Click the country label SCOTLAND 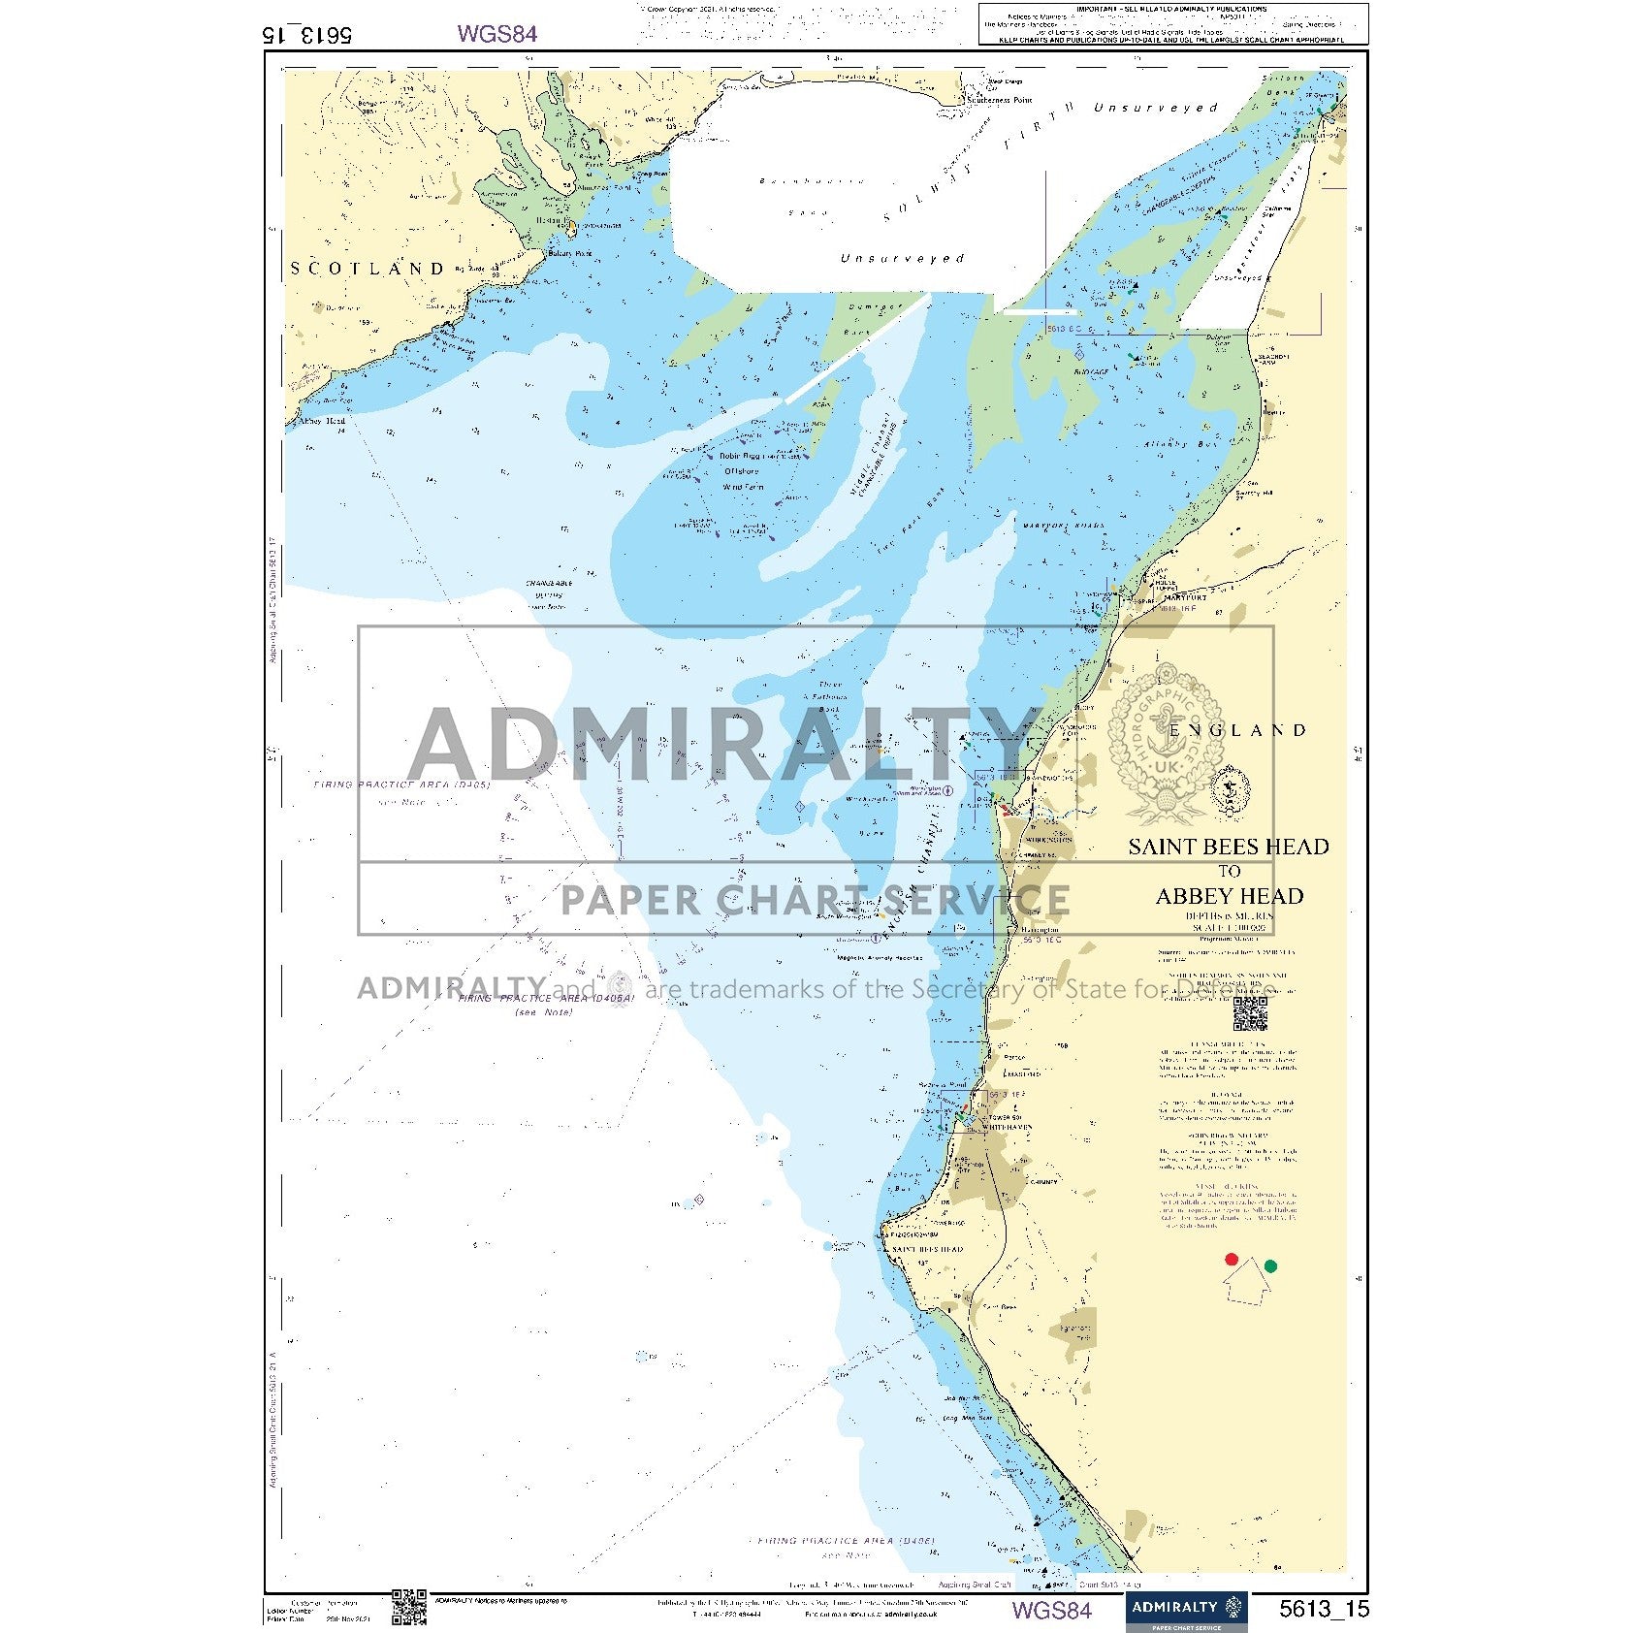click(x=368, y=269)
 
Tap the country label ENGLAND click(x=1237, y=730)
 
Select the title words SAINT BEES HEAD click(x=1228, y=847)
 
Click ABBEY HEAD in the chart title click(x=1229, y=896)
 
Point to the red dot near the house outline click(x=1232, y=1259)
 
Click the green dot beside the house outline click(x=1270, y=1265)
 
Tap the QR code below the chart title click(x=1250, y=1012)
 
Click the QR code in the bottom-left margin click(x=408, y=1606)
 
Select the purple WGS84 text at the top click(x=496, y=34)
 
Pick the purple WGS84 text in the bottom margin click(x=1051, y=1610)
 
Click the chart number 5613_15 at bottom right click(x=1324, y=1609)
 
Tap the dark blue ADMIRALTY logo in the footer click(x=1186, y=1609)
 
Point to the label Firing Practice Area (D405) click(x=401, y=784)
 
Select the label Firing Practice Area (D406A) click(x=546, y=998)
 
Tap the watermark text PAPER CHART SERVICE click(x=815, y=900)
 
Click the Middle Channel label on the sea click(x=876, y=457)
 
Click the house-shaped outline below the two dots click(x=1249, y=1283)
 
